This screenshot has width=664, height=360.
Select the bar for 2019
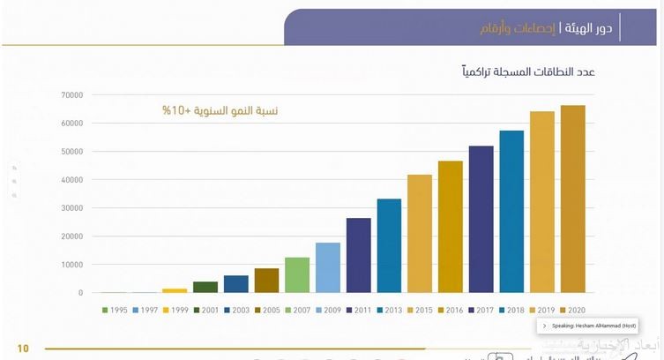(542, 202)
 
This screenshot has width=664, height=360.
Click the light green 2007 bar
(297, 274)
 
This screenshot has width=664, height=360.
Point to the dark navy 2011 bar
(358, 255)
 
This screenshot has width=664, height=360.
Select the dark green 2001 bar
(205, 287)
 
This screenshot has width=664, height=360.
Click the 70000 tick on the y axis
(71, 95)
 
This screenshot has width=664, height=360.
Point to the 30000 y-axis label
(71, 208)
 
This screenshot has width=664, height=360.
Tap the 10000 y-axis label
(71, 265)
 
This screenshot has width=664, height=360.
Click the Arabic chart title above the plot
(529, 71)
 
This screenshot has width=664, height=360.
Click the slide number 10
(23, 349)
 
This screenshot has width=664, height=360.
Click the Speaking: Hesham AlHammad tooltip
(588, 326)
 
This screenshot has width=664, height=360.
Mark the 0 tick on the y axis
(80, 293)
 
